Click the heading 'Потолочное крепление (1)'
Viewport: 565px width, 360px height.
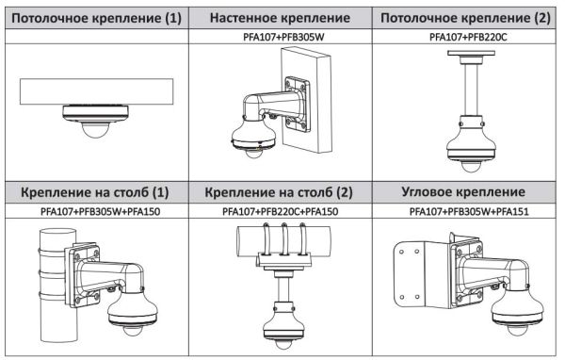(x=95, y=17)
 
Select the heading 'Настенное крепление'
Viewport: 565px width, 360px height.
(x=280, y=17)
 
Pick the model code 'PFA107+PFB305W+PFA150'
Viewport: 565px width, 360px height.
(x=95, y=212)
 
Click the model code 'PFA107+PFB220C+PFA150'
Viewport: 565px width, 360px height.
(x=280, y=212)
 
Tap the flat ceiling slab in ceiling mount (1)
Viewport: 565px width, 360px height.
(x=95, y=92)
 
